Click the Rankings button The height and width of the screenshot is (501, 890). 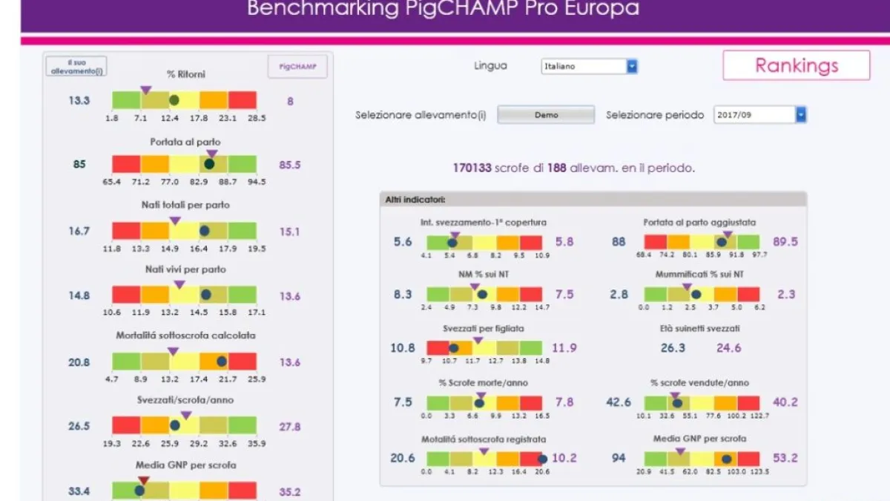point(796,65)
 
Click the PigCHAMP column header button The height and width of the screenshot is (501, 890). point(297,67)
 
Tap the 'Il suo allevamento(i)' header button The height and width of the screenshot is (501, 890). point(76,66)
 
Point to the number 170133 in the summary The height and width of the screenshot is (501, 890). point(472,168)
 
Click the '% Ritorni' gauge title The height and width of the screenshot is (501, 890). point(186,74)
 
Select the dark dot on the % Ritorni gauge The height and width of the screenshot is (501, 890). point(174,99)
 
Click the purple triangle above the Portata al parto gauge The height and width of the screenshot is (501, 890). point(211,154)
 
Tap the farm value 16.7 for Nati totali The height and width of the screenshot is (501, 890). point(79,231)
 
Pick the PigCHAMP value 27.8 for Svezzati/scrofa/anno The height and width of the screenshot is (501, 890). point(290,427)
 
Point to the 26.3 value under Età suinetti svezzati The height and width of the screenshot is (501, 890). point(673,347)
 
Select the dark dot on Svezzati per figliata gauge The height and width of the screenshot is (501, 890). point(453,347)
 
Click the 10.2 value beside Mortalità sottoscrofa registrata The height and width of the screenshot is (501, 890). point(564,458)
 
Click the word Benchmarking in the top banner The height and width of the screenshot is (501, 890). point(311,9)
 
